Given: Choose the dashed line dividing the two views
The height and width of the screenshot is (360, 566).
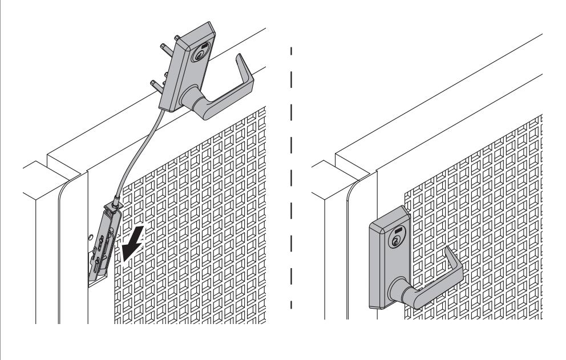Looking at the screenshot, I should (x=292, y=171).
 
